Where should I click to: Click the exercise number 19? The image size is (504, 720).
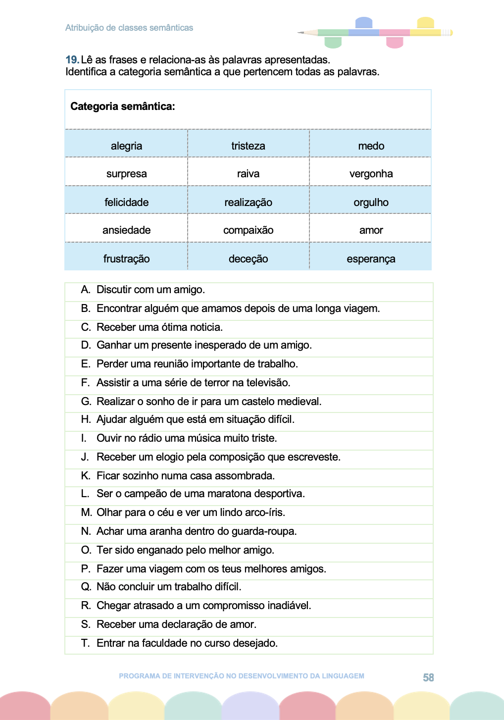72,60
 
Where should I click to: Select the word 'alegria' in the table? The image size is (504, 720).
126,146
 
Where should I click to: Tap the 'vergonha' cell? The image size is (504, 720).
371,174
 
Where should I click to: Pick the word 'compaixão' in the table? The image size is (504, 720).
248,230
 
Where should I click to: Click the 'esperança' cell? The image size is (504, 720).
371,259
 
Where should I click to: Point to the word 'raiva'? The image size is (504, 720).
248,174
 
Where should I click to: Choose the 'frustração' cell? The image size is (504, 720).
126,259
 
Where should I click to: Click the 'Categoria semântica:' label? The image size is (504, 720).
123,106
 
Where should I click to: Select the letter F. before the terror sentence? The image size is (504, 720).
85,383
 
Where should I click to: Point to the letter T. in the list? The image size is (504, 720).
85,643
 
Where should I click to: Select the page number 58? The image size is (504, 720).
428,677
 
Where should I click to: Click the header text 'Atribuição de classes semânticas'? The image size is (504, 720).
129,28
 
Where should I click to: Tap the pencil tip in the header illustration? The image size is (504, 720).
301,33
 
